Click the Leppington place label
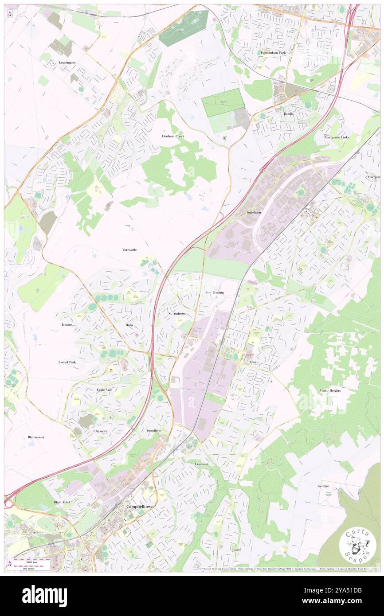pos(67,62)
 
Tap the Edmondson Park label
pos(273,52)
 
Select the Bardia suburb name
pos(289,113)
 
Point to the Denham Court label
pos(172,136)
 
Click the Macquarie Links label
pos(337,137)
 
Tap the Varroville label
pos(129,250)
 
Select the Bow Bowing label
pos(215,292)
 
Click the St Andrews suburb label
pos(177,313)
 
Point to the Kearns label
pos(67,324)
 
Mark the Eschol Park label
pos(67,362)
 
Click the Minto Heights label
pos(330,390)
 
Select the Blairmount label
pos(36,437)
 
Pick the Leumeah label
pos(201,464)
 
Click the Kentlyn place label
pos(323,486)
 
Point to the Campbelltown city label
pos(139,506)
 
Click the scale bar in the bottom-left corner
pos(31,563)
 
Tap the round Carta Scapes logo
pos(357,546)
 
